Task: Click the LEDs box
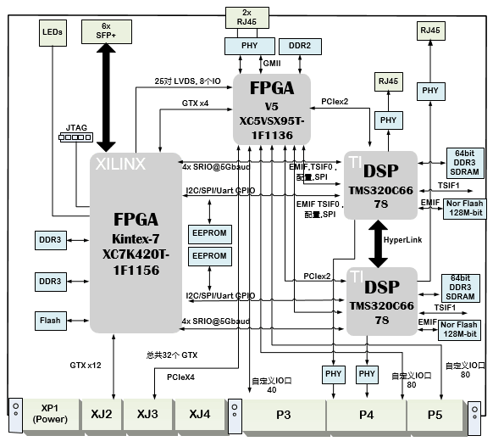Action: (52, 33)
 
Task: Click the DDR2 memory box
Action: (299, 44)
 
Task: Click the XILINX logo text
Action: (120, 162)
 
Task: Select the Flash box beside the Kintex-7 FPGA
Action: (49, 321)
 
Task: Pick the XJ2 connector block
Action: (102, 415)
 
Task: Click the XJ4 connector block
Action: (201, 415)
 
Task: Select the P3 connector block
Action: (284, 415)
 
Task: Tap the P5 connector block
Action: (434, 415)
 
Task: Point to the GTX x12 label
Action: (86, 365)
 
